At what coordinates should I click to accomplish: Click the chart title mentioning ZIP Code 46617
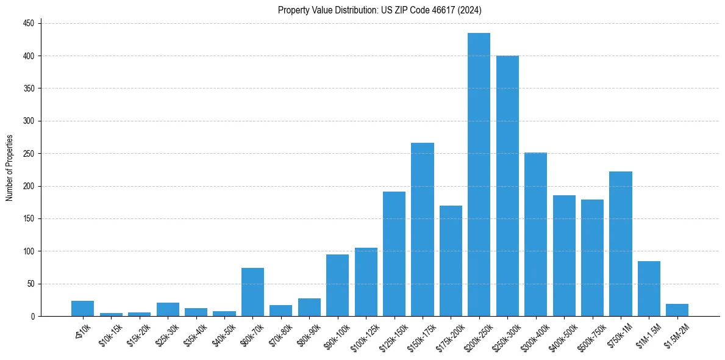tap(380, 10)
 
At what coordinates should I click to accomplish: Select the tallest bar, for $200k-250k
tap(479, 175)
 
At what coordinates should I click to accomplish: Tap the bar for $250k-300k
tap(507, 186)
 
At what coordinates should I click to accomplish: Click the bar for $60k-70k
tap(252, 292)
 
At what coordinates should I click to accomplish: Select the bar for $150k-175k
tap(422, 229)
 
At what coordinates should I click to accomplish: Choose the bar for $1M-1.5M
tap(649, 289)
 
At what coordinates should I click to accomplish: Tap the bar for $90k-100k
tap(337, 285)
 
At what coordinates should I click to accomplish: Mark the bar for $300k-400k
tap(535, 234)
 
